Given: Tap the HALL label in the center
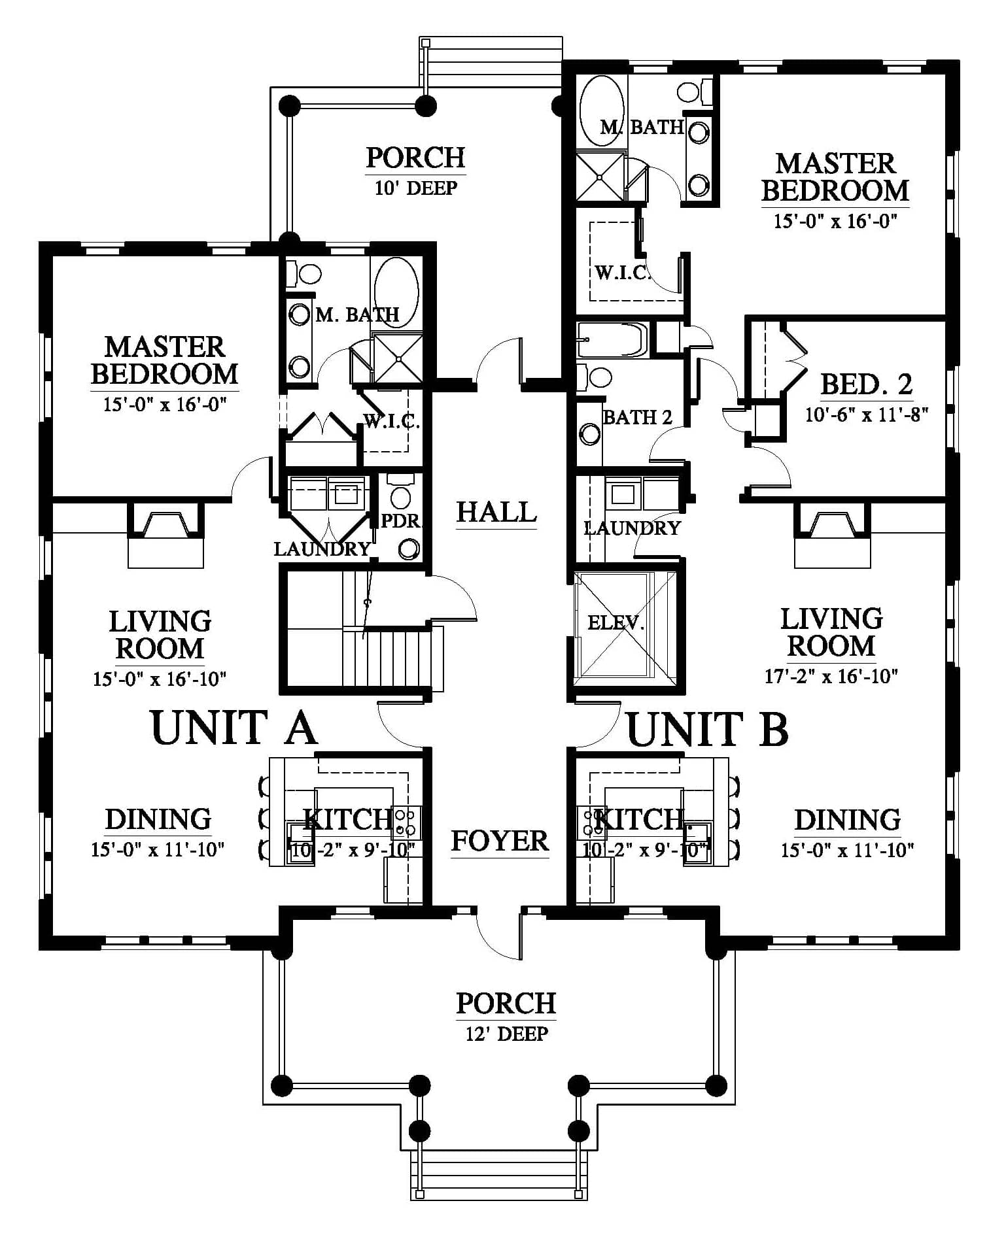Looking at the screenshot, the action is (x=496, y=512).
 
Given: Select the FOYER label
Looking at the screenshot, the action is (x=500, y=841).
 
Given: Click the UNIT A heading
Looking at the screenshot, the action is (x=234, y=728).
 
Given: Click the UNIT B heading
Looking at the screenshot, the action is (x=708, y=729).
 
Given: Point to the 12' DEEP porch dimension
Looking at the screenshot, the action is (x=507, y=1034).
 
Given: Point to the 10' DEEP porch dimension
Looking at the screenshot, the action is (x=416, y=188).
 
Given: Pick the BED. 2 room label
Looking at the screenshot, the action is (x=867, y=384).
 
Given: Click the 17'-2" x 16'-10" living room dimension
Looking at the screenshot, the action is (x=831, y=676).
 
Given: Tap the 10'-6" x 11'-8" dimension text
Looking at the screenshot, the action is (x=867, y=415).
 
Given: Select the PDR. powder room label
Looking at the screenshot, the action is (x=402, y=521).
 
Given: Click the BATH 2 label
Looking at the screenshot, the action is (x=638, y=417).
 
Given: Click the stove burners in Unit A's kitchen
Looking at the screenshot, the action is (x=406, y=822).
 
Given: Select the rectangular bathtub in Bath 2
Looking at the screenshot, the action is (x=612, y=340).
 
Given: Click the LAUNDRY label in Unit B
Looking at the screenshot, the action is (x=632, y=528).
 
